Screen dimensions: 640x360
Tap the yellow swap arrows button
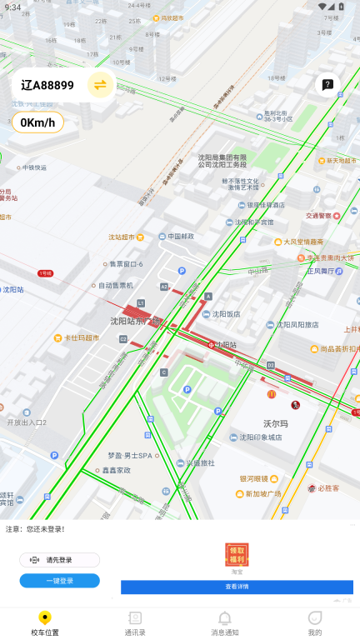coord(100,84)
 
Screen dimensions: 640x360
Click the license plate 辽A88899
coord(47,85)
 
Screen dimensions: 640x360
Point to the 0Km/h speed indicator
coord(37,122)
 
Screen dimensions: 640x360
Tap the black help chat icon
coord(328,84)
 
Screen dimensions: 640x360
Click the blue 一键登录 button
coord(59,581)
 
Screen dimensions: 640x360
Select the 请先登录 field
coord(59,560)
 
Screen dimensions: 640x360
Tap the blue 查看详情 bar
coord(237,587)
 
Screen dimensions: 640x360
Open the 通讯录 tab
coord(135,622)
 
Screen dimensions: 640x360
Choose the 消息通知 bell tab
coord(224,622)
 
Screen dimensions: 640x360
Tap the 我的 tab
coord(314,622)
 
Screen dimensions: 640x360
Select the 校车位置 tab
coord(45,622)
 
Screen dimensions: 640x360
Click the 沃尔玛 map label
coord(276,424)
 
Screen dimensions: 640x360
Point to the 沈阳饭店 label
coord(227,314)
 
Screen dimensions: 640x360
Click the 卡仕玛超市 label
coord(82,338)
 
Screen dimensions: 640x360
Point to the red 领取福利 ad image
coord(237,553)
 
